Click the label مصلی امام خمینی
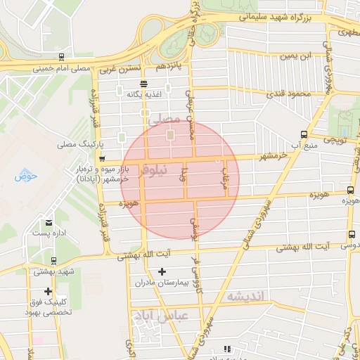(62, 69)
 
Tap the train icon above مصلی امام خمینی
(62, 58)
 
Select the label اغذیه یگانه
(144, 94)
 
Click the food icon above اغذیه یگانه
(144, 83)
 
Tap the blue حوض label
(25, 175)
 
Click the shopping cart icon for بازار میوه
(103, 159)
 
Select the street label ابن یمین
(295, 56)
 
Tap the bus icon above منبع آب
(304, 134)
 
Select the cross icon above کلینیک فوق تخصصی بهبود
(48, 291)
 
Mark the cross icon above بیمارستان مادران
(162, 271)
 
